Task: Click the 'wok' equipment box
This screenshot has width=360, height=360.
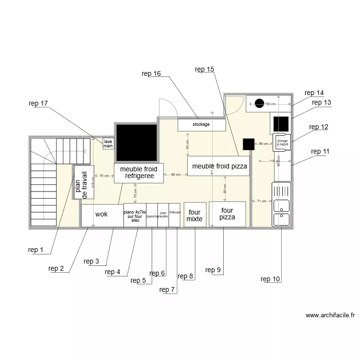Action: click(102, 215)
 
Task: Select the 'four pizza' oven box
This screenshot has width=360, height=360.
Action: click(227, 214)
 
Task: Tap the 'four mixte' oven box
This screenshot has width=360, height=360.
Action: click(195, 215)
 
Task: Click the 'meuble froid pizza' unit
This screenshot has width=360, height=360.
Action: click(218, 166)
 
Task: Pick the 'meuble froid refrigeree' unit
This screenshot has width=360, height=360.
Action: click(138, 173)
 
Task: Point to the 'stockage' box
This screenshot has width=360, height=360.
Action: click(201, 125)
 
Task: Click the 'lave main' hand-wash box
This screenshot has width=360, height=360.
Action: click(108, 144)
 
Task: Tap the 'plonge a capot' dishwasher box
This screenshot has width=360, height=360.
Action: click(282, 143)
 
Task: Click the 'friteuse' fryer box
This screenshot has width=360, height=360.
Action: click(175, 215)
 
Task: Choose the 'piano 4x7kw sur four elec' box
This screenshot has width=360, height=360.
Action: click(135, 215)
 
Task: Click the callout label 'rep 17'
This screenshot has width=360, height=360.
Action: click(38, 103)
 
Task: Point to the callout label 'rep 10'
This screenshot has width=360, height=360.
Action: click(270, 279)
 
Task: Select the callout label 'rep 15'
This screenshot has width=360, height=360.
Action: click(204, 69)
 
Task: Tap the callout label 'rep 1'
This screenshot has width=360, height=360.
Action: click(36, 250)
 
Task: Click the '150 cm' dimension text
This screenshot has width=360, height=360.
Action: click(271, 104)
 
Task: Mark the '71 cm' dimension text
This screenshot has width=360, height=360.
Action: click(261, 201)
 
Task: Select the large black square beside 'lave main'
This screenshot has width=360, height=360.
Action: click(137, 143)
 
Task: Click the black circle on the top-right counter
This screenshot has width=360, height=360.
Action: click(259, 103)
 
